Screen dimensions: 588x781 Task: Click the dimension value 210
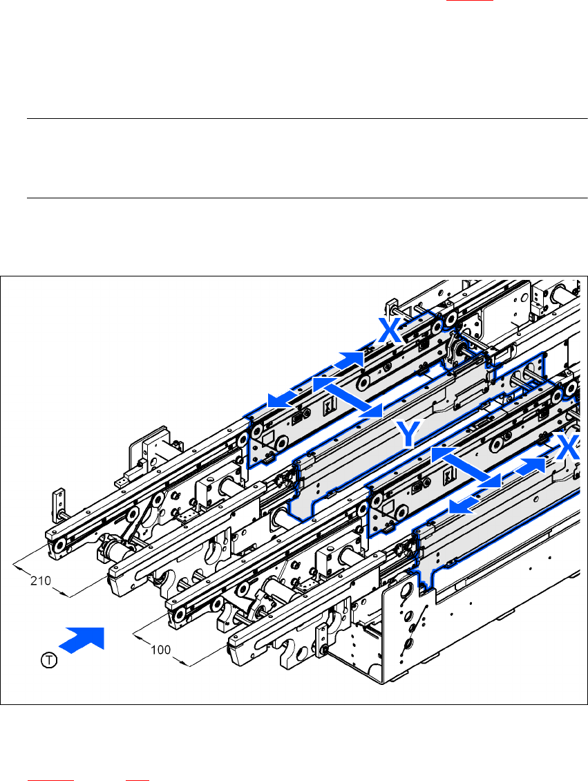(40, 581)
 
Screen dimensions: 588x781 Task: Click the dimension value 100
(160, 650)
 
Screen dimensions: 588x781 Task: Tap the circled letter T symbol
(49, 661)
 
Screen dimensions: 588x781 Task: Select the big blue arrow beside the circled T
(82, 639)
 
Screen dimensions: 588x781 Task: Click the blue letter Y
(409, 433)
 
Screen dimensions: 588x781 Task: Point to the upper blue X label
(390, 330)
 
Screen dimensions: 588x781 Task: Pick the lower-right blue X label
(567, 447)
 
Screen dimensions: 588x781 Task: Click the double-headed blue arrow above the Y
(348, 397)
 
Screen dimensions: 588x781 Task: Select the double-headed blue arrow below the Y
(466, 467)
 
